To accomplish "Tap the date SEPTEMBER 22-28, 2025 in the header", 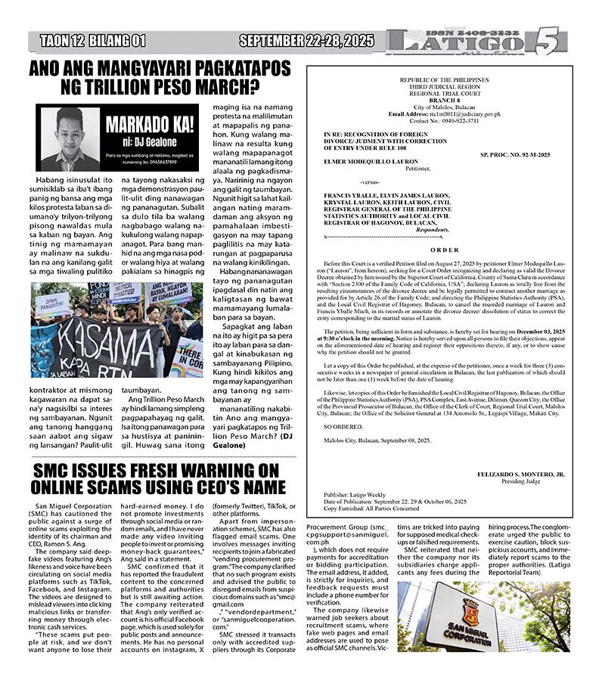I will (x=306, y=41).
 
